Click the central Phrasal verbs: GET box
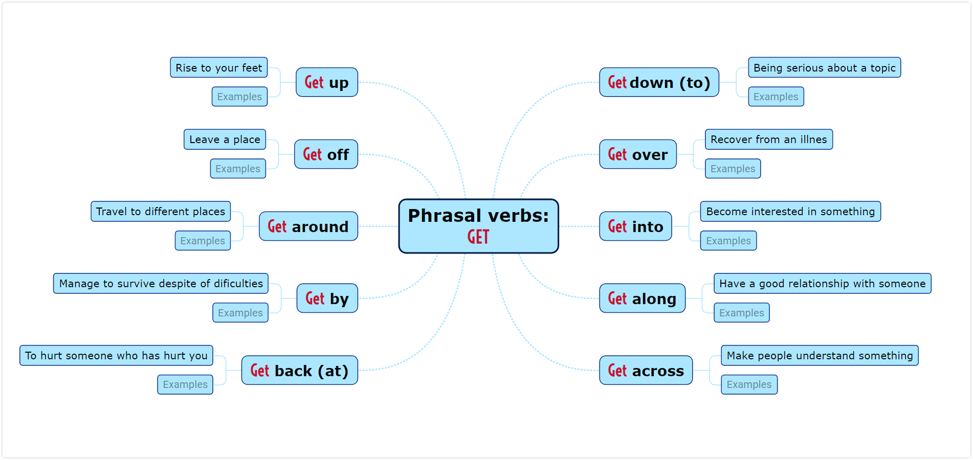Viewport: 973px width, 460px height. coord(478,226)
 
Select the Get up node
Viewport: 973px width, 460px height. coord(326,82)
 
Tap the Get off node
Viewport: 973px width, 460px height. coord(326,154)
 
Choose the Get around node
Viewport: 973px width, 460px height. coord(308,226)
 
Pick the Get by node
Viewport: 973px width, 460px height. coord(327,298)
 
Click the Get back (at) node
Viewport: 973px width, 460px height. coord(299,371)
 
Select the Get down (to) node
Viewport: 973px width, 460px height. coord(659,82)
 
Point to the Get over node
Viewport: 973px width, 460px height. coord(638,154)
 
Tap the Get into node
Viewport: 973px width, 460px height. coord(635,226)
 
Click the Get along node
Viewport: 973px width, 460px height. coord(642,298)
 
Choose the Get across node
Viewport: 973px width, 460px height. coord(646,371)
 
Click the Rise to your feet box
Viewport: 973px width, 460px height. coord(218,67)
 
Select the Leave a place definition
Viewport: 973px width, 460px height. coord(225,140)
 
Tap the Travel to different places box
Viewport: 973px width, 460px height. coord(161,212)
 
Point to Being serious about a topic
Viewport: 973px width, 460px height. coord(824,67)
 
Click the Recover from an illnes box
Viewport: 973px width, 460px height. coord(768,140)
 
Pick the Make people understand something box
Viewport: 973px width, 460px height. coord(820,356)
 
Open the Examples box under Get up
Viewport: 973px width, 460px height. coord(239,97)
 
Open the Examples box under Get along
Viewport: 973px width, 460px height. coord(741,313)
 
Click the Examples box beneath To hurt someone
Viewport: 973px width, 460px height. coord(185,384)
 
